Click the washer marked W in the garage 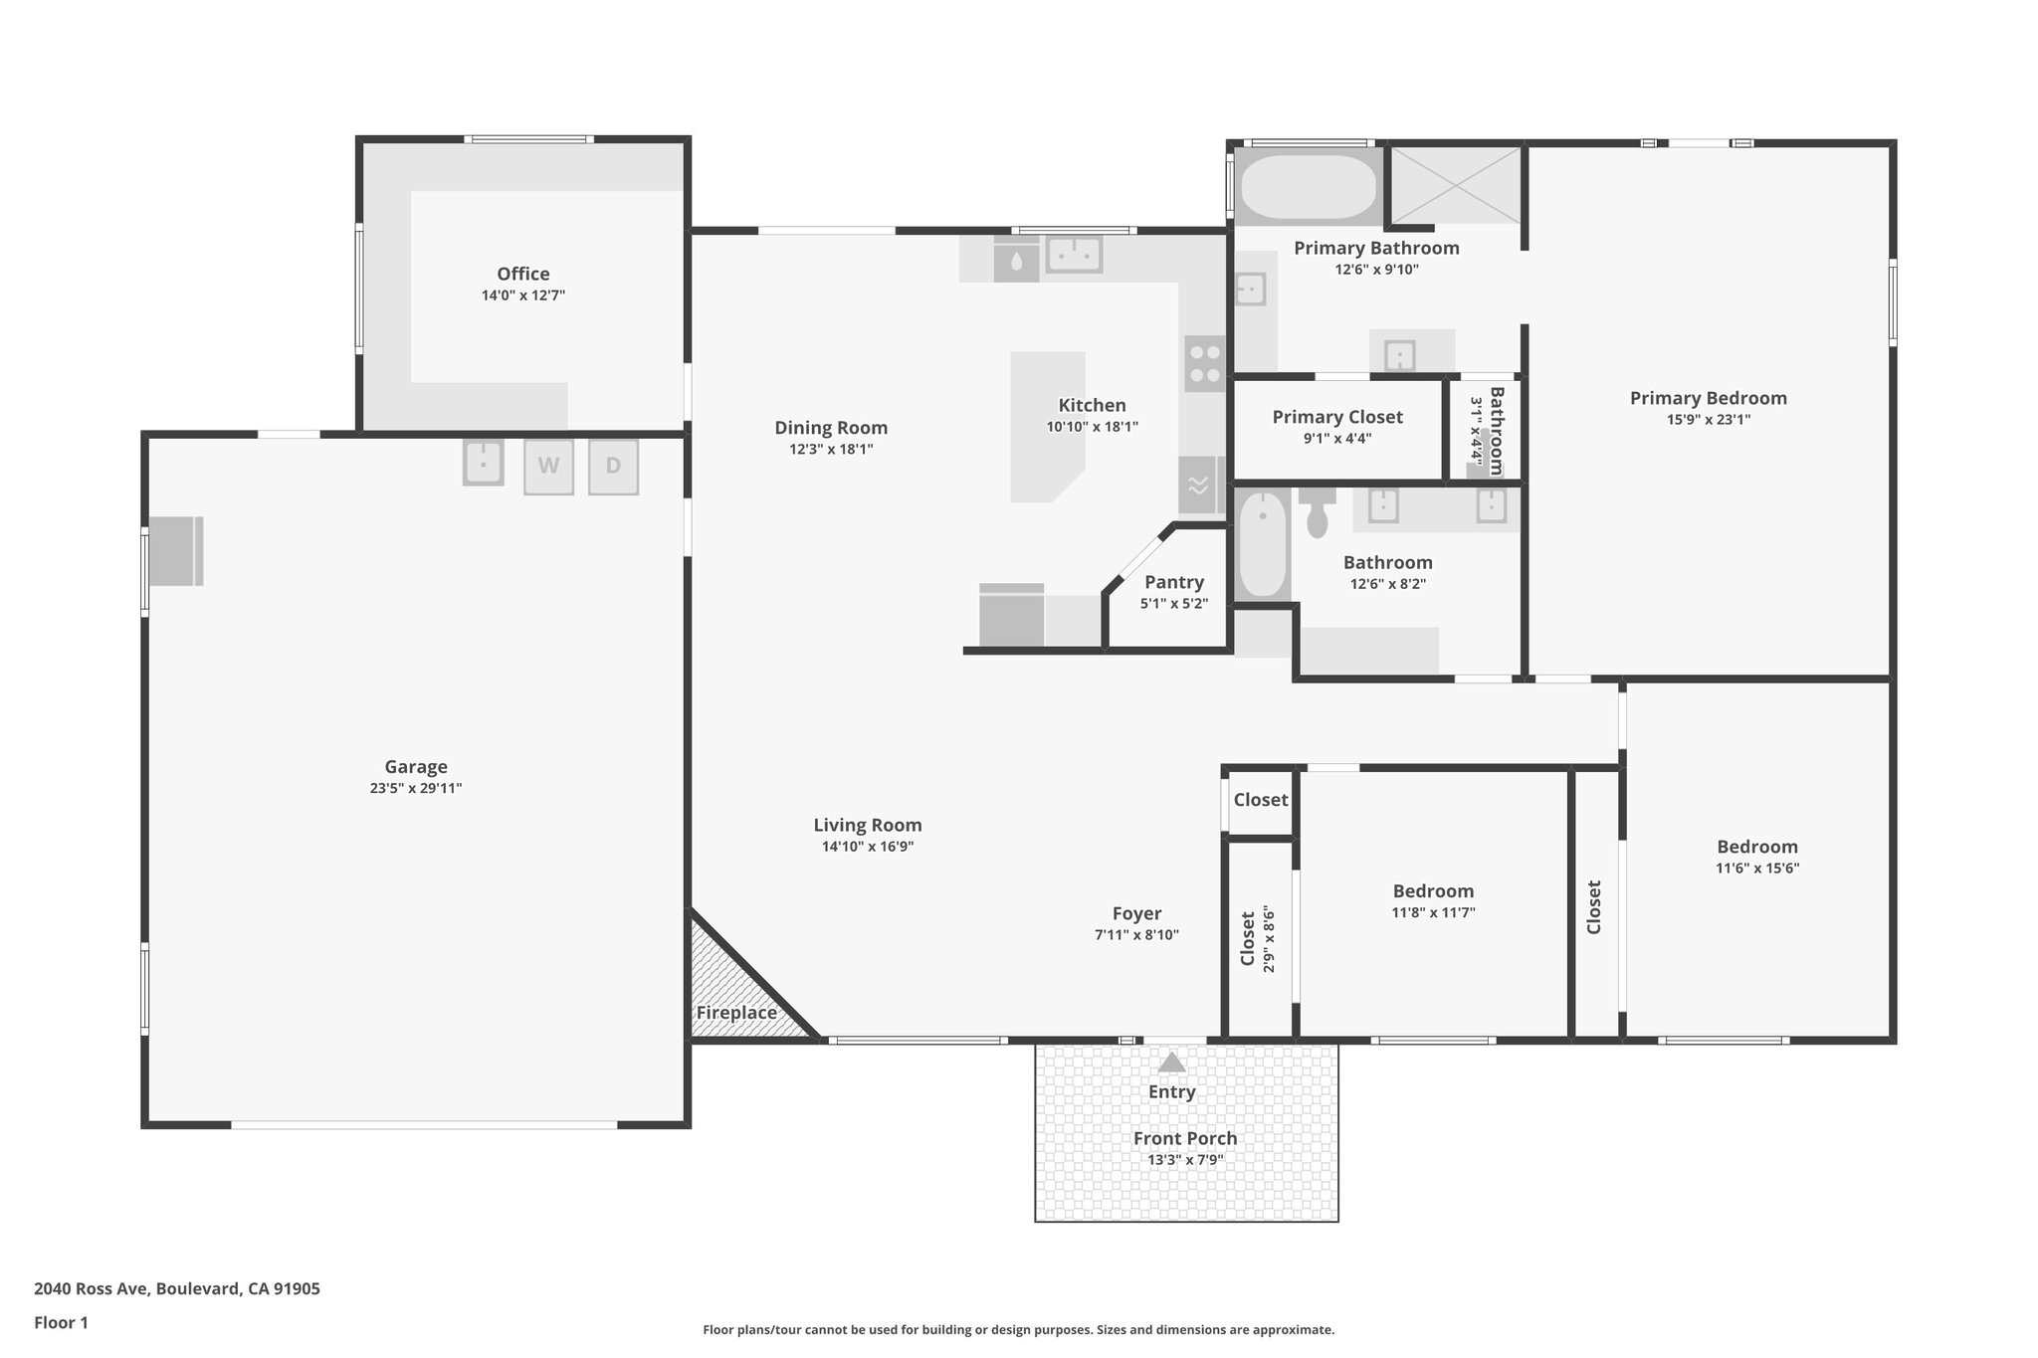click(548, 466)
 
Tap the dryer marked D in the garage click(613, 466)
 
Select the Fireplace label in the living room click(736, 1013)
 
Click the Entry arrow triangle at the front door click(1172, 1063)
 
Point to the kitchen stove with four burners click(1204, 363)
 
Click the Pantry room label click(1174, 582)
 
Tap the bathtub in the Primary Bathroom click(1309, 187)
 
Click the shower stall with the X click(1456, 185)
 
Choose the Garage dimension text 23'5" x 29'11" click(416, 788)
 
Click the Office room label click(523, 274)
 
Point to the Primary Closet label click(1337, 417)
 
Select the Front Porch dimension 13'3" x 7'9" click(1185, 1160)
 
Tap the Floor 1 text click(62, 1322)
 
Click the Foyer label click(1136, 913)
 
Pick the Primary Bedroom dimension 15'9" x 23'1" click(1709, 420)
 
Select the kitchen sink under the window click(1073, 255)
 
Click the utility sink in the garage click(483, 464)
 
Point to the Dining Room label click(831, 428)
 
